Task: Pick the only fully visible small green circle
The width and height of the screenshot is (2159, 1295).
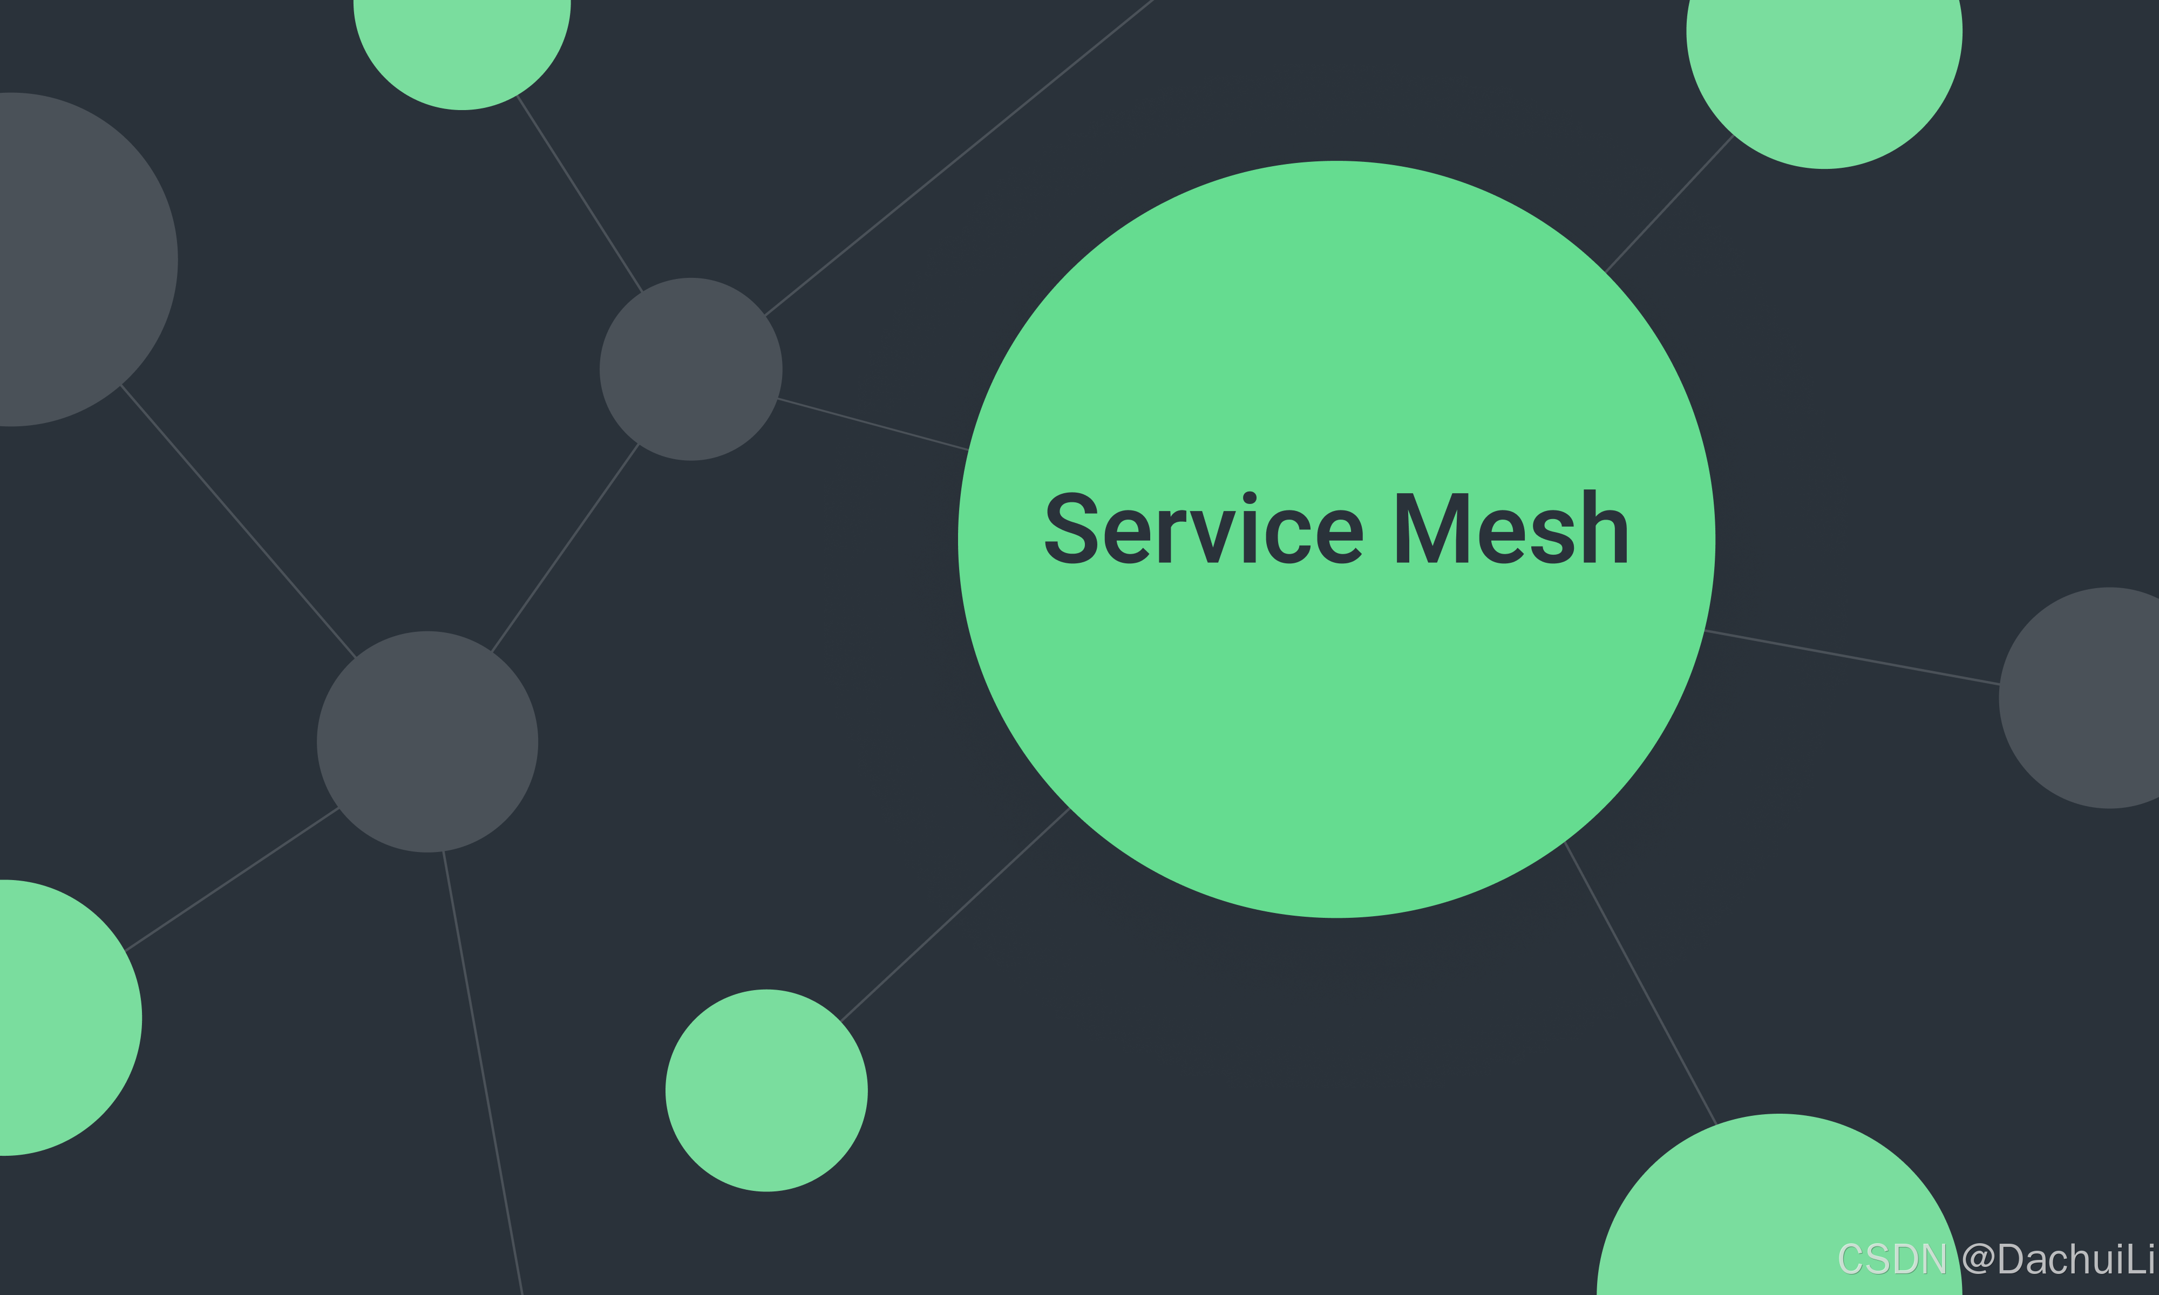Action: pos(766,1091)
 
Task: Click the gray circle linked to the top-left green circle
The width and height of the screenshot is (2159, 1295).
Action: pos(690,369)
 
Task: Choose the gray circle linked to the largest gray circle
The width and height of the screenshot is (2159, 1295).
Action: pos(427,742)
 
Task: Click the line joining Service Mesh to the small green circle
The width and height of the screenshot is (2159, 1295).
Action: pos(955,915)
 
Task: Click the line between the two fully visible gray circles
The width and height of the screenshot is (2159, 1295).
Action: pos(566,548)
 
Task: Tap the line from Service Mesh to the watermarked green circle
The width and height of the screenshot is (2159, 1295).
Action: pos(1641,984)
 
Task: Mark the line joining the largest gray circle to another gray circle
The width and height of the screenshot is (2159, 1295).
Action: pos(238,520)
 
